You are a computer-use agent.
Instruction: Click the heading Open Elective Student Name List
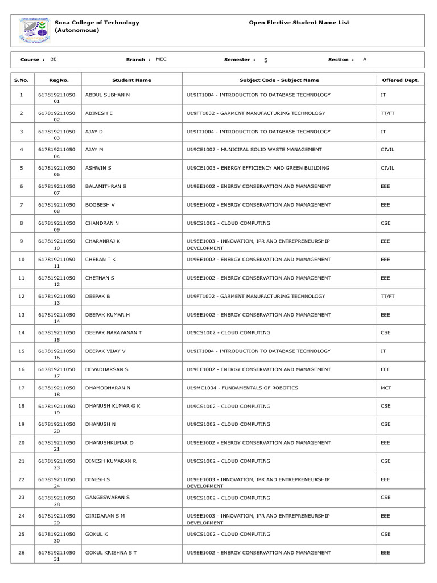pos(299,23)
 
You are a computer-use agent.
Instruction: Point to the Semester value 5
pos(266,60)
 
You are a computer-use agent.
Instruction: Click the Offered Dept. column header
pos(400,80)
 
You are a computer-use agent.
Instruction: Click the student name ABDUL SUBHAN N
pos(108,95)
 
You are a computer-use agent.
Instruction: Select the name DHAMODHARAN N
pos(108,388)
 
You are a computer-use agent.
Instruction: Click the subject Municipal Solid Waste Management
pos(254,150)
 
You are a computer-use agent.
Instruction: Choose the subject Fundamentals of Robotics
pos(242,388)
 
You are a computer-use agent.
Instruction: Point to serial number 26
pos(22,552)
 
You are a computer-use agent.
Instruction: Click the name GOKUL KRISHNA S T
pos(111,552)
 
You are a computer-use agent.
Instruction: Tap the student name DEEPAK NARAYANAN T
pos(113,332)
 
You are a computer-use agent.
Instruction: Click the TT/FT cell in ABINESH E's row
pos(387,113)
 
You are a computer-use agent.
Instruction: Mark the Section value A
pos(364,59)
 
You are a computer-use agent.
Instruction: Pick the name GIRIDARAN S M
pos(105,515)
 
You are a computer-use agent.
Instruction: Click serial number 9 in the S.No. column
pos(22,241)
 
